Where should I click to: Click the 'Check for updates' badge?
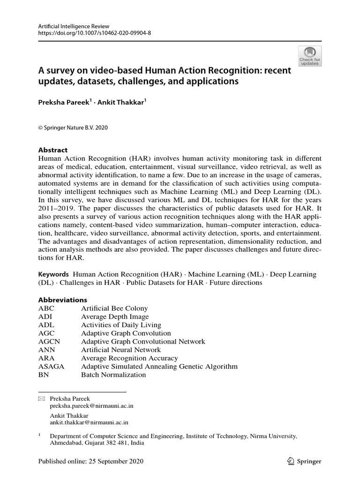(310, 56)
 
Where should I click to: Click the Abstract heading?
(52, 150)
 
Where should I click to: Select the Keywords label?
(53, 274)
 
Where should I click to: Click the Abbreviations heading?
(62, 300)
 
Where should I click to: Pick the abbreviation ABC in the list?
(46, 308)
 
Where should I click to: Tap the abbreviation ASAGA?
(52, 367)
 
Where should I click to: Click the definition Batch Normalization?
(113, 375)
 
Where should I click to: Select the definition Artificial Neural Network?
(121, 350)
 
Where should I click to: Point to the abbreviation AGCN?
(49, 342)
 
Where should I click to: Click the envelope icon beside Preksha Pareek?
(41, 399)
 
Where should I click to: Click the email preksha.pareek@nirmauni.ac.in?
(91, 406)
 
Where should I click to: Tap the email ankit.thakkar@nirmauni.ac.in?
(89, 422)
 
